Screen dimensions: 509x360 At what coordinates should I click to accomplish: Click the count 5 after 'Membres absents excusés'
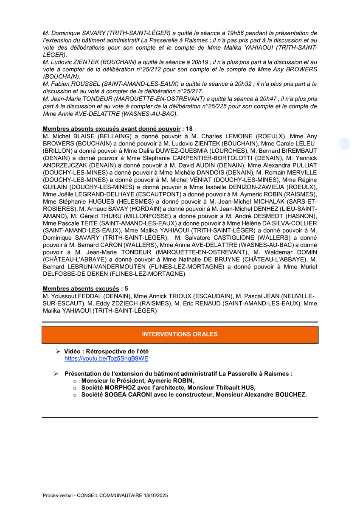point(126,288)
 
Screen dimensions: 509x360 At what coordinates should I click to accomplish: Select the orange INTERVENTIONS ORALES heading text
point(180,334)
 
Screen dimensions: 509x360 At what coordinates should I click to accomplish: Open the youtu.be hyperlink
point(106,358)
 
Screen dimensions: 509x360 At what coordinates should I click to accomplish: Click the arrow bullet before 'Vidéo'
point(58,352)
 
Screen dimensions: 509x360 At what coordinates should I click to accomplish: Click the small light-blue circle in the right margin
point(345,144)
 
